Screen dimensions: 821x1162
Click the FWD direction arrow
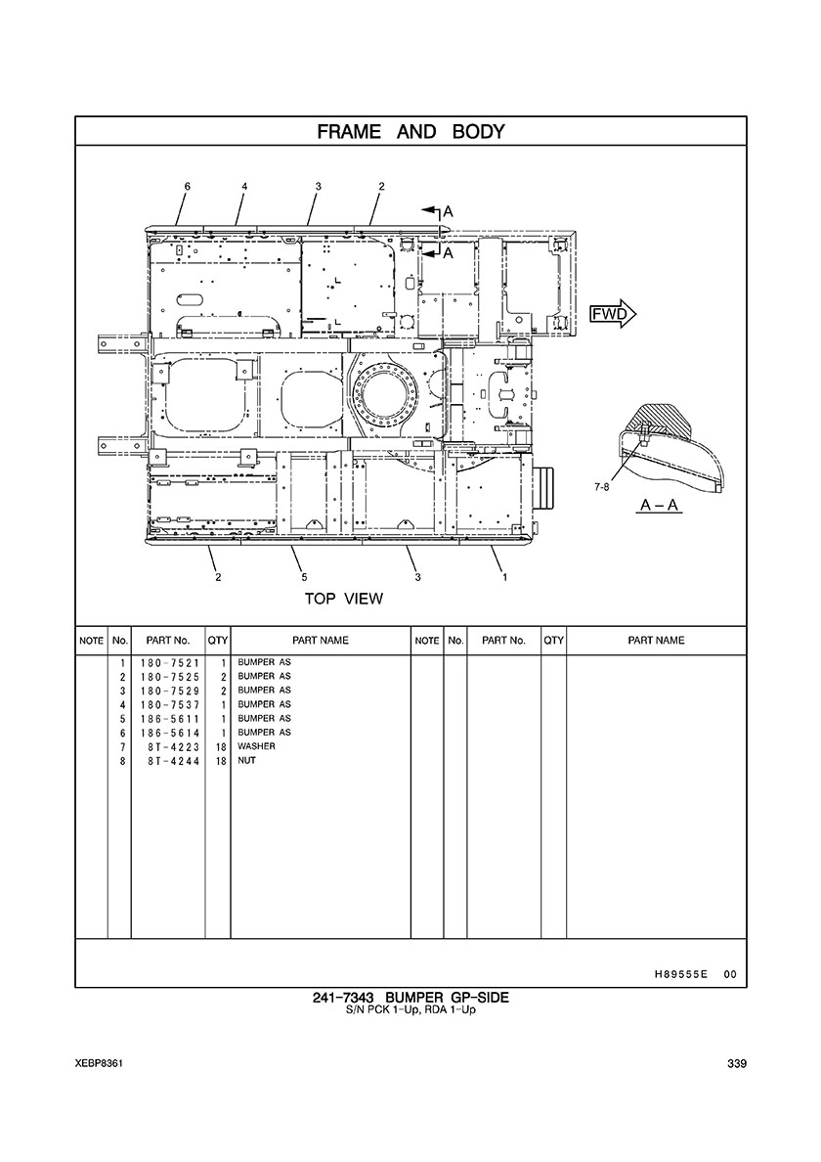pyautogui.click(x=612, y=314)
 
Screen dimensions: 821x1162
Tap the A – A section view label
pyautogui.click(x=660, y=506)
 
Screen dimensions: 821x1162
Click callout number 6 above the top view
pyautogui.click(x=188, y=187)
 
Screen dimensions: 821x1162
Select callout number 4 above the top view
pyautogui.click(x=244, y=187)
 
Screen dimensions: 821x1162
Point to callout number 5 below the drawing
pyautogui.click(x=304, y=576)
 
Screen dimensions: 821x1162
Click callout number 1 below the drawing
pyautogui.click(x=505, y=576)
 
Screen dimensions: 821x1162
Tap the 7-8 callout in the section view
pyautogui.click(x=602, y=487)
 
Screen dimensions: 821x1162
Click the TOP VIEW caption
pyautogui.click(x=344, y=599)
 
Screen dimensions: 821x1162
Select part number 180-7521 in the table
pyautogui.click(x=169, y=662)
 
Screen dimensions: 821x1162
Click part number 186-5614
pyautogui.click(x=169, y=733)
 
